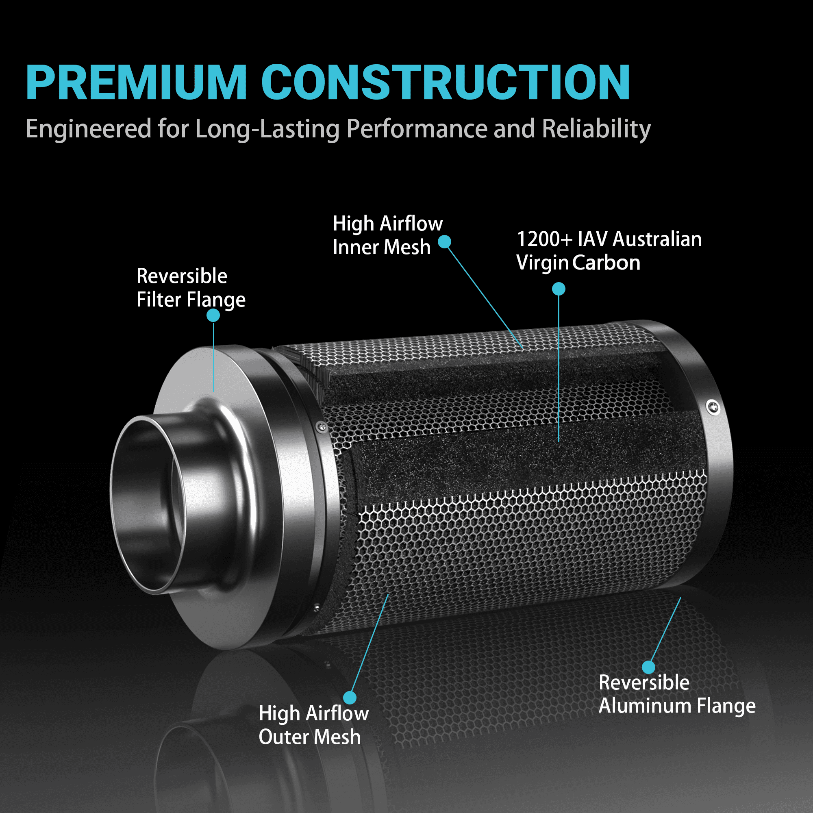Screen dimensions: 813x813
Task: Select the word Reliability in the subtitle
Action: pos(596,129)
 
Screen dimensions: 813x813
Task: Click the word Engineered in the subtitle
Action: pos(89,129)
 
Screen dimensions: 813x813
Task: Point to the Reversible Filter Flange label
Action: pos(191,288)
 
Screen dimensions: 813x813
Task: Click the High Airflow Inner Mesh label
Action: pos(387,235)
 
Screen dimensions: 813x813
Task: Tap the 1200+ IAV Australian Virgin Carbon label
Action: pos(609,251)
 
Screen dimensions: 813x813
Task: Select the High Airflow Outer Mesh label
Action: pos(314,725)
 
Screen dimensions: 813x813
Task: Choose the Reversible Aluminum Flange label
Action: pos(677,694)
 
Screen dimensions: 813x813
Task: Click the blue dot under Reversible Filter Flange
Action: pos(213,315)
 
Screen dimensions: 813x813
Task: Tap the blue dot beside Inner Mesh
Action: pos(445,241)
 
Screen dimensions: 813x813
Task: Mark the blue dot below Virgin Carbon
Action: pos(559,289)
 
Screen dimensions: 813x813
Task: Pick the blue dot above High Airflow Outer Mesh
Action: pos(350,698)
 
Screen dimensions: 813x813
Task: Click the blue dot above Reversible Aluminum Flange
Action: pos(648,667)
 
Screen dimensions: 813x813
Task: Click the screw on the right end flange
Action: pos(713,407)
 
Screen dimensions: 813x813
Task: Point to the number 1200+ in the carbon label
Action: pos(545,239)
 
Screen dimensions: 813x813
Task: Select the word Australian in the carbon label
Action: pos(657,239)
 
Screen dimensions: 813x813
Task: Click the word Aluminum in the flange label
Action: pos(645,706)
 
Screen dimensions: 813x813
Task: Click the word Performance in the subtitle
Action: pos(417,129)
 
